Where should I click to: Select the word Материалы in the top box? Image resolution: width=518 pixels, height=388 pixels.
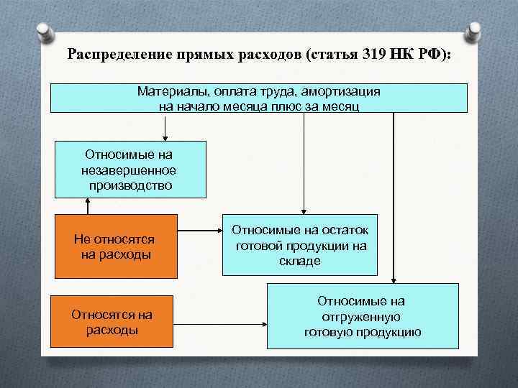[166, 92]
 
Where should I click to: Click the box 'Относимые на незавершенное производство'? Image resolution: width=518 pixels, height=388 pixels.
[130, 170]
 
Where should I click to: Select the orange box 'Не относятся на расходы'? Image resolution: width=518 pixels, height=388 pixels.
[115, 246]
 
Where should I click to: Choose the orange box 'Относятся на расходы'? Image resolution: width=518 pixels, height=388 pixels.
[112, 322]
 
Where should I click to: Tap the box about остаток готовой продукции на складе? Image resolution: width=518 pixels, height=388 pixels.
[299, 246]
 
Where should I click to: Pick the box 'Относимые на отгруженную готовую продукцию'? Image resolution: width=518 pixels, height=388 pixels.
[363, 316]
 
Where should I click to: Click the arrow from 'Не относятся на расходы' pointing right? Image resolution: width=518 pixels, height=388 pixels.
[199, 231]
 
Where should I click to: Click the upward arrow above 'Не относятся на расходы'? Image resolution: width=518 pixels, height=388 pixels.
[88, 205]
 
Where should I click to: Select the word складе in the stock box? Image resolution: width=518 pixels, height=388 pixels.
[300, 261]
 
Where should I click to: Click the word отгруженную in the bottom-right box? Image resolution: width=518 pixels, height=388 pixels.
[363, 317]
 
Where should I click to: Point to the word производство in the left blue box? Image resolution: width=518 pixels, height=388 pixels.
[130, 185]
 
